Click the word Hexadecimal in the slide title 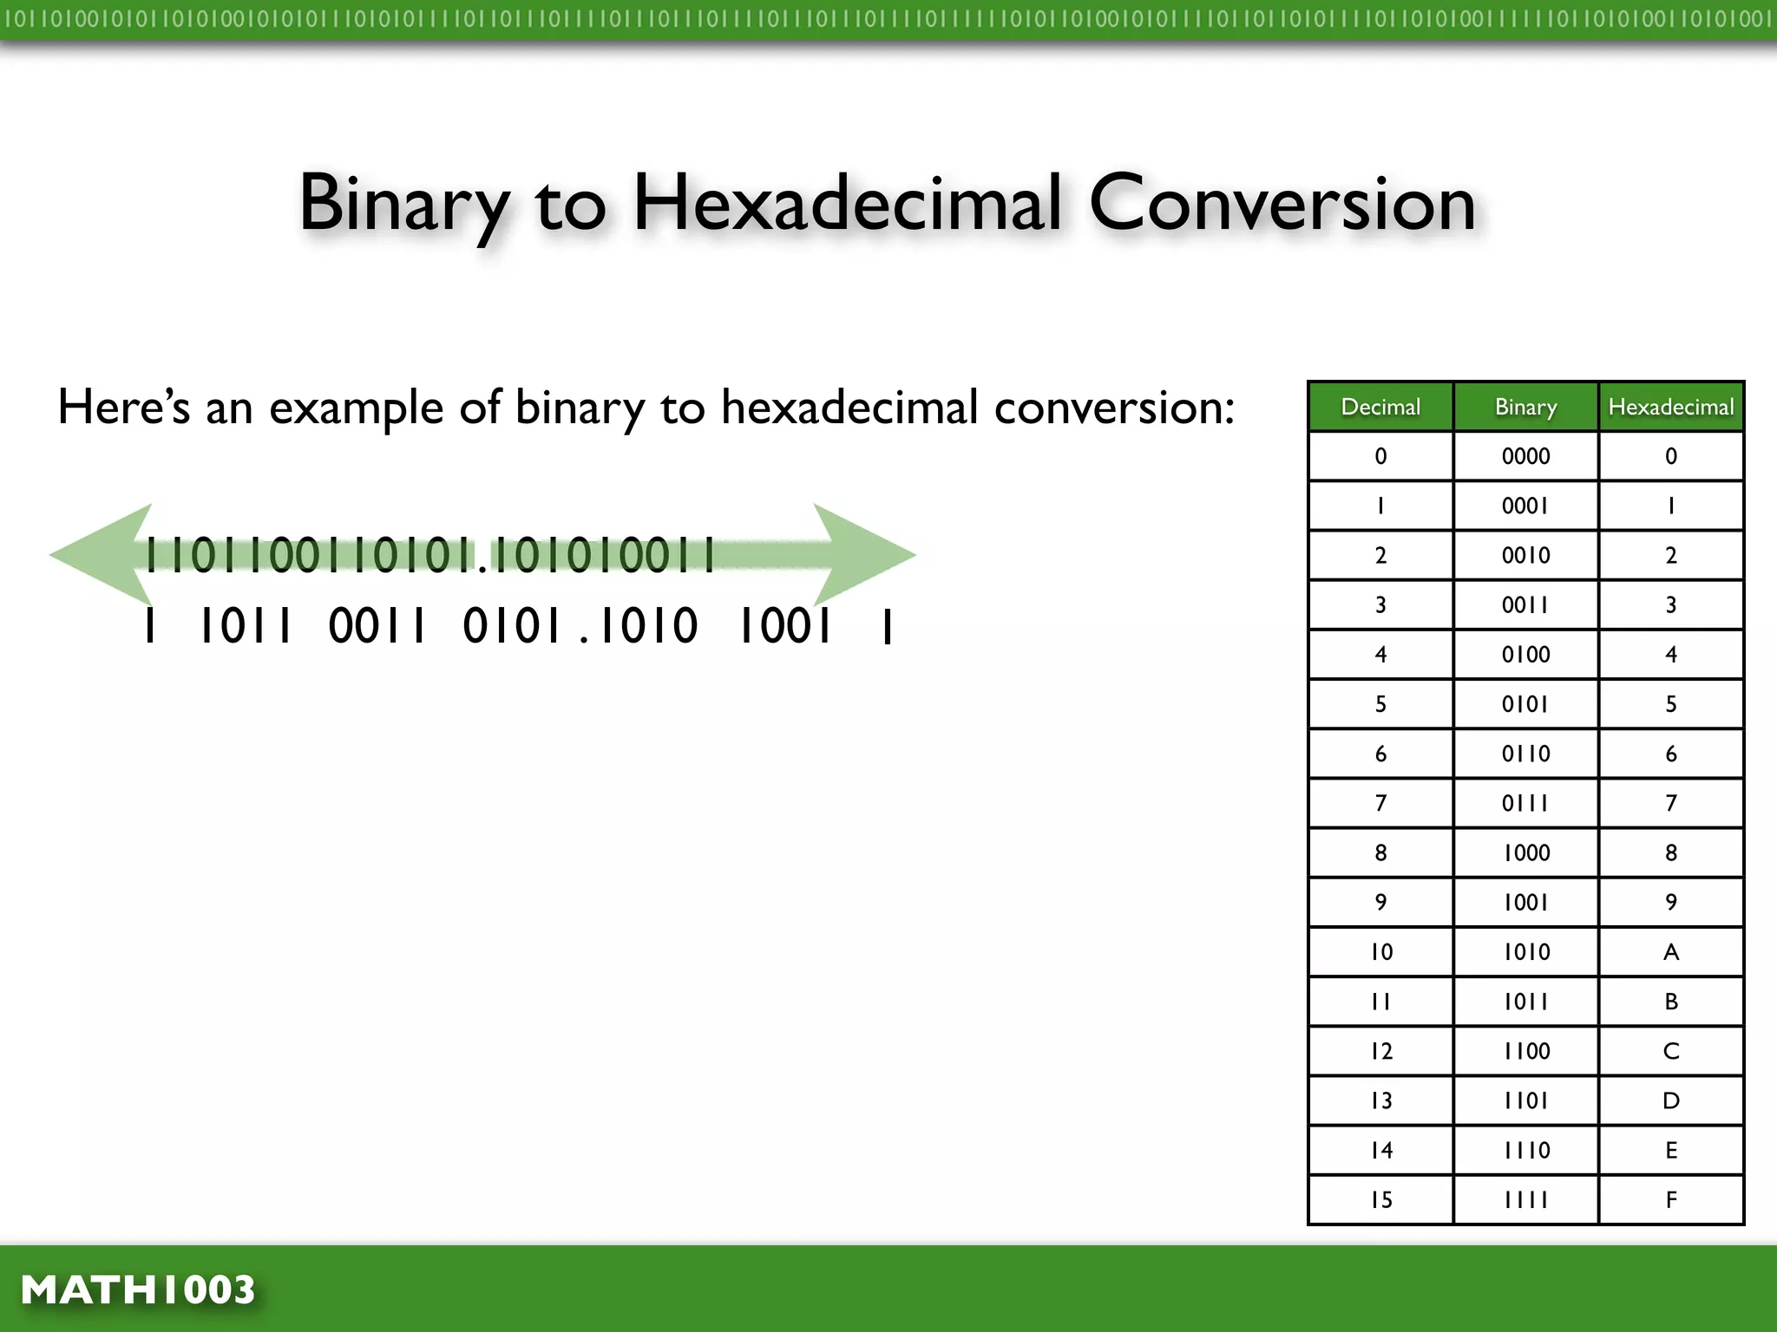click(x=847, y=204)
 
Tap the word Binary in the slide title click(x=403, y=204)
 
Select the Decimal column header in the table click(x=1380, y=407)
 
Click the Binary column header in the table click(x=1525, y=407)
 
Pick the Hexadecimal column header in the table click(x=1671, y=407)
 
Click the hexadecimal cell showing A click(x=1671, y=952)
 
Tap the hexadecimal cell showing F click(x=1671, y=1200)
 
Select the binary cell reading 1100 click(x=1526, y=1051)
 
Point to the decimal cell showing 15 click(x=1381, y=1200)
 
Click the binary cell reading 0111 click(x=1525, y=803)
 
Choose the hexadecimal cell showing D click(x=1671, y=1101)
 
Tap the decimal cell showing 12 click(x=1381, y=1051)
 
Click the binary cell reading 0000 click(x=1525, y=456)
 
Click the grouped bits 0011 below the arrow click(x=377, y=626)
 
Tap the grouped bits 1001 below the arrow click(x=784, y=626)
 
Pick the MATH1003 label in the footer click(x=138, y=1290)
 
